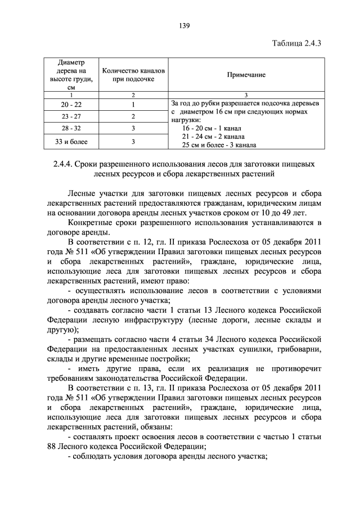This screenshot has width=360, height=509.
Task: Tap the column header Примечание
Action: (x=246, y=75)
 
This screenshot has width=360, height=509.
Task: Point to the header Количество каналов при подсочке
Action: (x=133, y=75)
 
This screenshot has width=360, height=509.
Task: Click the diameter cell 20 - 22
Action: (x=71, y=105)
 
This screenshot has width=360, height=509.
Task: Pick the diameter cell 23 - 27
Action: (x=71, y=116)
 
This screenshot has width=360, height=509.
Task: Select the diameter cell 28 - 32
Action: (x=71, y=128)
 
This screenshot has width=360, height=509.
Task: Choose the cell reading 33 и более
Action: (x=71, y=141)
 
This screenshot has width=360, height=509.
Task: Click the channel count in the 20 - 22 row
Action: (x=133, y=105)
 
